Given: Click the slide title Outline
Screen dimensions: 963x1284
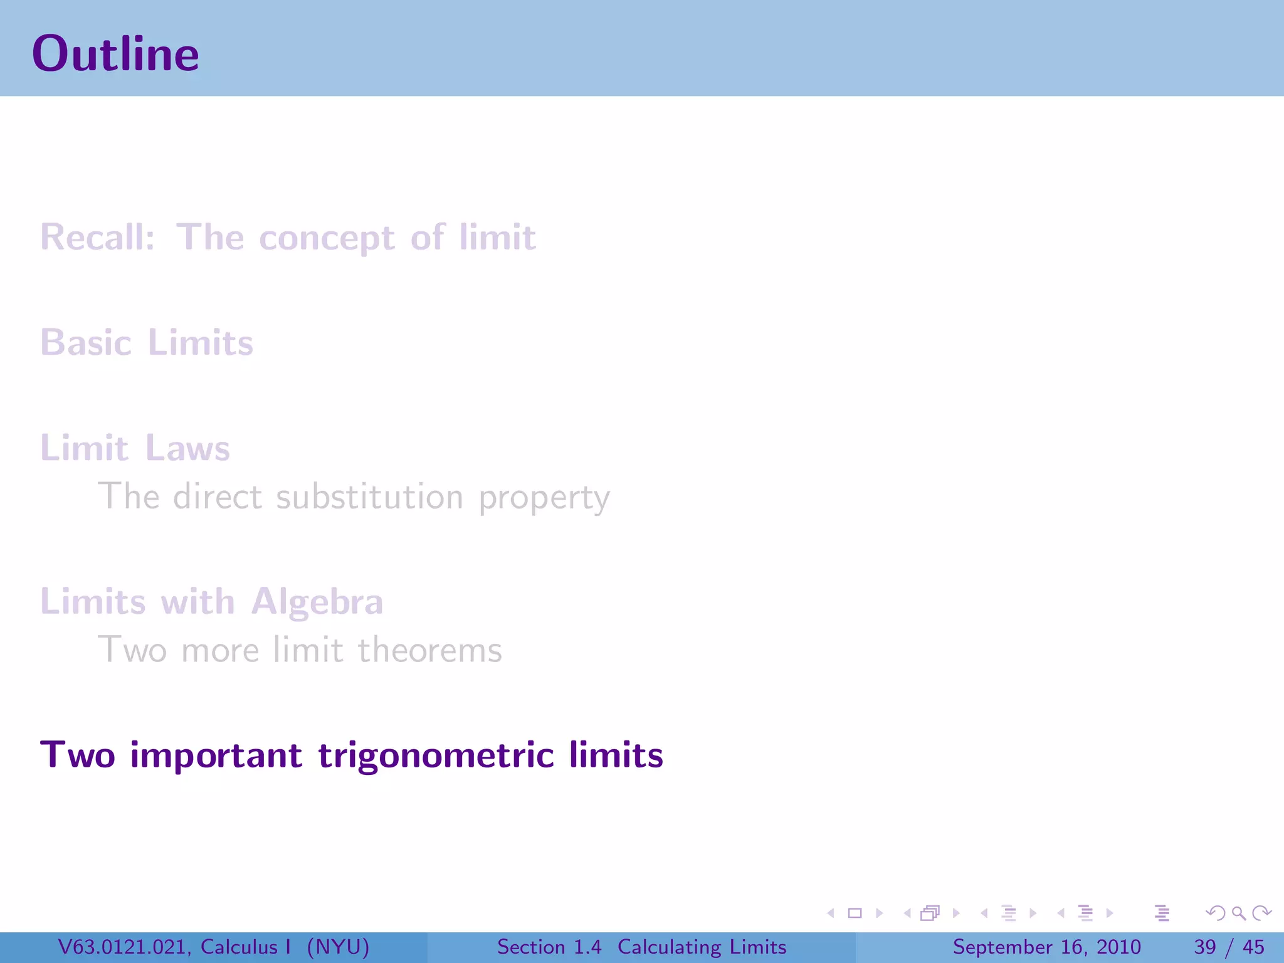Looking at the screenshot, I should (x=115, y=54).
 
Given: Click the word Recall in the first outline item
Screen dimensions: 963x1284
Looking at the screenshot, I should (x=97, y=238).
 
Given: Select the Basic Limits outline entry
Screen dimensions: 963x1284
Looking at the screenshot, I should (x=147, y=343).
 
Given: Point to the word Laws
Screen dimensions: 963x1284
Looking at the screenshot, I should (x=187, y=448).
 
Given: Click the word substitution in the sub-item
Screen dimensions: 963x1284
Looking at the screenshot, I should (x=369, y=497).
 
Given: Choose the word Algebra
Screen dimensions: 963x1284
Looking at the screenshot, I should (x=317, y=602).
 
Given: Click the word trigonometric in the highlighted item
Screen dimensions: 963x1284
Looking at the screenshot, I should (x=436, y=755).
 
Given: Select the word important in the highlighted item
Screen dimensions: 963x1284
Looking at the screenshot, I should (x=216, y=755).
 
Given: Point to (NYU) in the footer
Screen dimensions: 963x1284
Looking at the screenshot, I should (x=338, y=947).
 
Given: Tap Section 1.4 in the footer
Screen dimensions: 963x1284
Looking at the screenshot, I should (x=549, y=947).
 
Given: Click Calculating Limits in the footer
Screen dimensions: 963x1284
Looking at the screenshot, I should (x=702, y=947).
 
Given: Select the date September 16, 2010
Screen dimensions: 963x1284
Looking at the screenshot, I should (x=1046, y=947).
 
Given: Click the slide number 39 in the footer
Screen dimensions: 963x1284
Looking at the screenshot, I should (x=1205, y=947).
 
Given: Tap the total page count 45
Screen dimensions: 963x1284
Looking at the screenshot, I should (x=1253, y=947).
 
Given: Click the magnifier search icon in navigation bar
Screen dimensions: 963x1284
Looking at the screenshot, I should (x=1238, y=913).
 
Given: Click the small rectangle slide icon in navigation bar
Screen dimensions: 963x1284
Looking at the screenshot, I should (x=855, y=913).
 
